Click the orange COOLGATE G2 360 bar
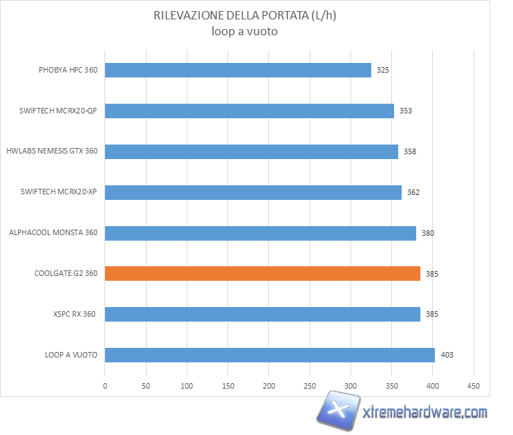(x=262, y=274)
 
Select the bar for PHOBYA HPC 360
(x=238, y=70)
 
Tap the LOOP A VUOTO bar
(x=270, y=355)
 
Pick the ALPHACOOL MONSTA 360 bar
(x=260, y=233)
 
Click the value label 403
(x=447, y=355)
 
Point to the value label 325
(x=383, y=71)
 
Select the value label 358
(x=410, y=151)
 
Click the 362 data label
(x=413, y=192)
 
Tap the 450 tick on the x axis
(x=474, y=386)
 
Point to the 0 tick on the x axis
(x=105, y=386)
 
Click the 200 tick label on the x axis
(x=269, y=386)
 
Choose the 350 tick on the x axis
(x=391, y=386)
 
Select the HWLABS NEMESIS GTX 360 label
(x=52, y=151)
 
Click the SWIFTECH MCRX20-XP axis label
(x=59, y=192)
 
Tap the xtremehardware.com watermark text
(x=425, y=414)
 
